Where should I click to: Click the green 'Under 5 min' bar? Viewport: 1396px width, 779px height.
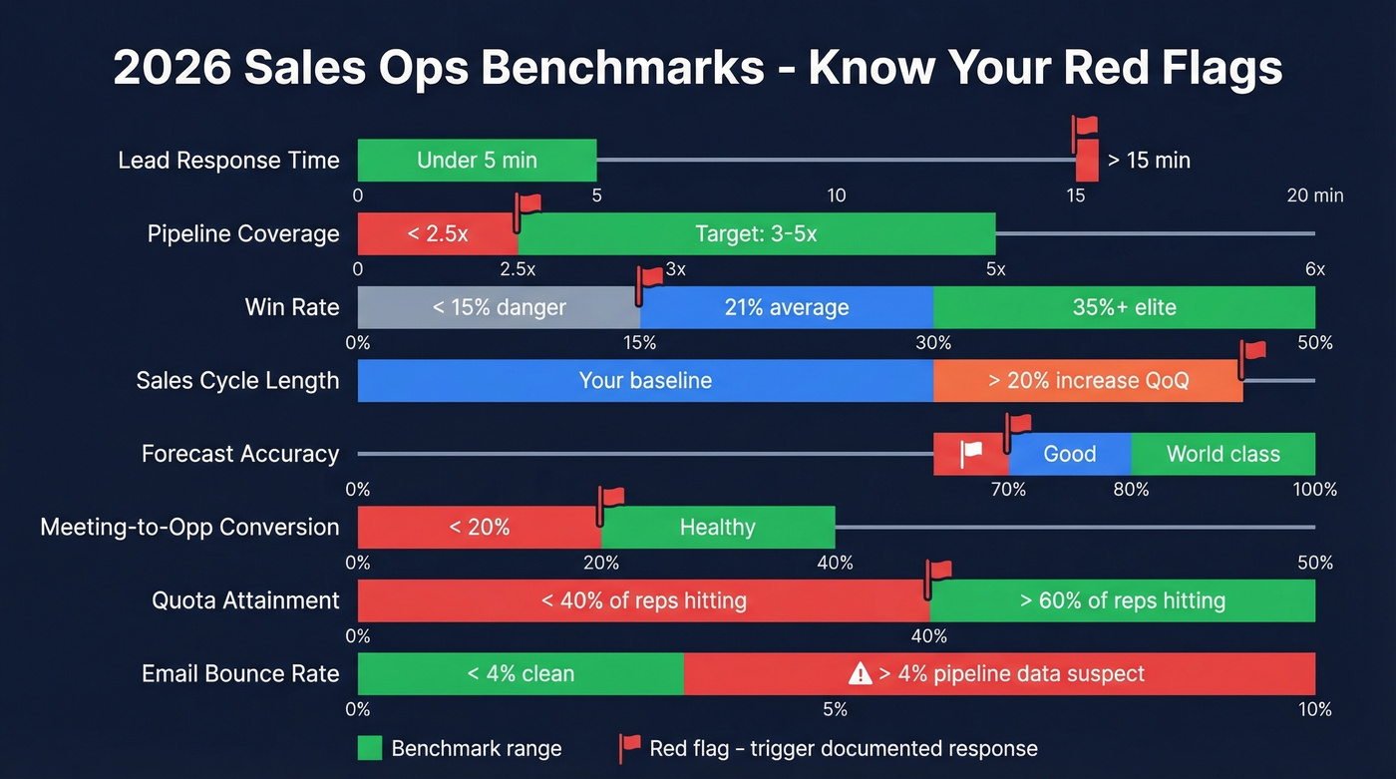(x=477, y=161)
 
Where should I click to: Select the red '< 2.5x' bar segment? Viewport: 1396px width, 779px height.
(x=437, y=234)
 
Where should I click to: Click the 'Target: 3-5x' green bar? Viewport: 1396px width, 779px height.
(x=756, y=234)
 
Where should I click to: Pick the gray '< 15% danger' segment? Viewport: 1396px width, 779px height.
(x=499, y=307)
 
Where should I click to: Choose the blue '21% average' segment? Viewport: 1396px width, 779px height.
(x=786, y=307)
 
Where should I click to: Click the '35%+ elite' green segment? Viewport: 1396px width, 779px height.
(x=1124, y=307)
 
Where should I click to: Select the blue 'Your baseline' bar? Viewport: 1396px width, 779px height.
(x=645, y=381)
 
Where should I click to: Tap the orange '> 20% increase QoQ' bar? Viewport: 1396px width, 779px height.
(x=1088, y=381)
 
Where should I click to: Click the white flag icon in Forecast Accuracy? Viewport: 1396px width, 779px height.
(x=971, y=454)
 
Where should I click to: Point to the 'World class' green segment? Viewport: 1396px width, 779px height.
(x=1222, y=454)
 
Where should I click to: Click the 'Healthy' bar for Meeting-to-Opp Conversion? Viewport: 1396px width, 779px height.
(x=717, y=528)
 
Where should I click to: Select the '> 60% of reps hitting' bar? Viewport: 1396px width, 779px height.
(x=1122, y=600)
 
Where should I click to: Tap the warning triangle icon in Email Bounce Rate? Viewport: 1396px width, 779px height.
(x=860, y=674)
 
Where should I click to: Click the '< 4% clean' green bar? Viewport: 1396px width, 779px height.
(x=521, y=674)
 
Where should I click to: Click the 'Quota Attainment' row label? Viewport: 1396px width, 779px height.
(x=245, y=600)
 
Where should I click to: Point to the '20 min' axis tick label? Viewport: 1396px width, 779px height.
(x=1314, y=195)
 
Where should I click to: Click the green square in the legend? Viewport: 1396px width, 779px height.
(x=370, y=748)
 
